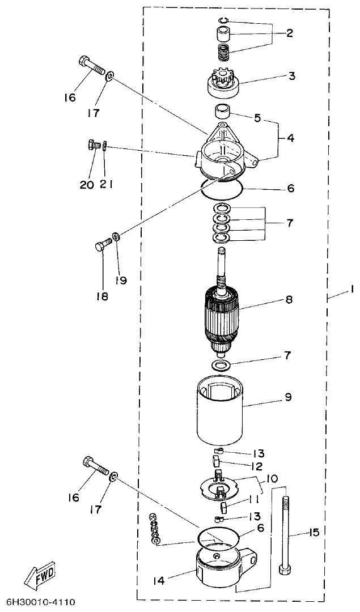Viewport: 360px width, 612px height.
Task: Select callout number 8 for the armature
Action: tap(289, 299)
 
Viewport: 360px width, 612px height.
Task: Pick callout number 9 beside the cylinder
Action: tap(289, 397)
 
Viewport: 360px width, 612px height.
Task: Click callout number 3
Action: tap(291, 75)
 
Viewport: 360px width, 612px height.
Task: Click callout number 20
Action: tap(86, 185)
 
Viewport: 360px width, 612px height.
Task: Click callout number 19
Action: tap(121, 279)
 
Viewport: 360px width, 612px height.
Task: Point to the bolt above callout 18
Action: tap(101, 245)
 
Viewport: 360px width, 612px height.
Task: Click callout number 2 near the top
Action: tap(289, 33)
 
